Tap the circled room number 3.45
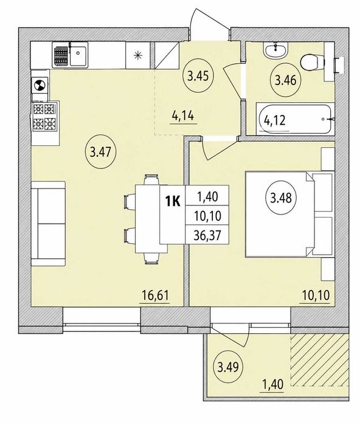point(198,76)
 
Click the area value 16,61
point(156,295)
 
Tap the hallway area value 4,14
point(183,116)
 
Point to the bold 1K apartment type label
point(173,201)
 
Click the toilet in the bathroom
point(313,63)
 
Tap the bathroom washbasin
point(275,50)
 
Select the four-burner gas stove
point(45,116)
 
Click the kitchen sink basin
point(78,56)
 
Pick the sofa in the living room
point(48,224)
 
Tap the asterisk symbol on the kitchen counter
point(138,55)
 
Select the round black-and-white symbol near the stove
point(40,85)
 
